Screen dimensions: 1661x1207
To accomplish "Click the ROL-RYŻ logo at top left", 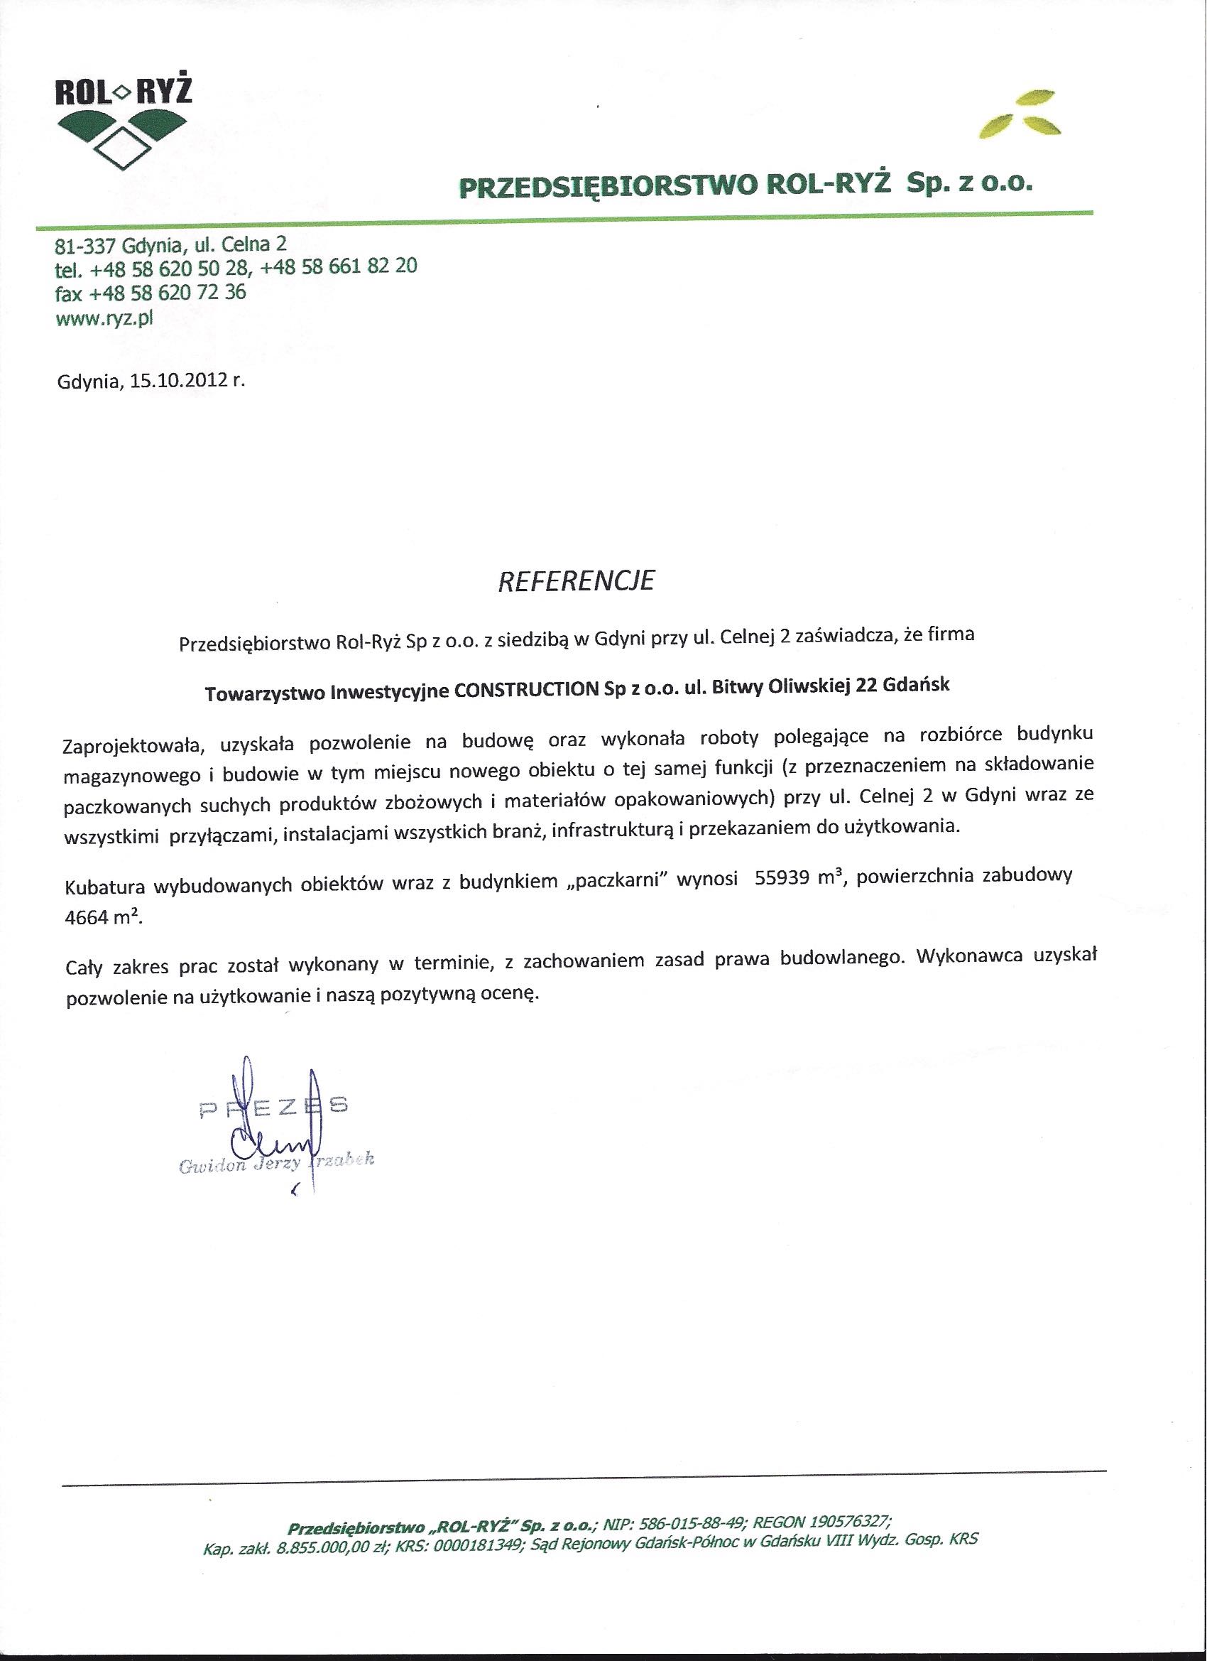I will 124,125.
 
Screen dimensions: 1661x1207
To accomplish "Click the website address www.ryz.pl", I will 104,318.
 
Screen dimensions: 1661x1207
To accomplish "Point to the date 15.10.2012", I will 175,382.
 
